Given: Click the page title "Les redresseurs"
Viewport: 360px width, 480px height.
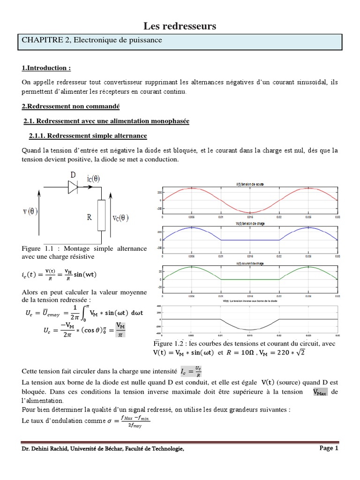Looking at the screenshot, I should (180, 26).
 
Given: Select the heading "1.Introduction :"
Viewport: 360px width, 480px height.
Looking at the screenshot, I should (46, 68).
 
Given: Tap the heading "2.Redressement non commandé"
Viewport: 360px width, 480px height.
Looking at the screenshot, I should (71, 107).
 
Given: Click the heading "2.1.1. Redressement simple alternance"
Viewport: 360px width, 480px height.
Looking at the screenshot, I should (88, 136).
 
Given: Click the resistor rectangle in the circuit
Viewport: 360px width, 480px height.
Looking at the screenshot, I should (101, 216).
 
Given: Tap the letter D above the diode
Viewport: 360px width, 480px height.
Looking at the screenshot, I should (73, 175).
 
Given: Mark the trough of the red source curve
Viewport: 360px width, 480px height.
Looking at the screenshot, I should (250, 212).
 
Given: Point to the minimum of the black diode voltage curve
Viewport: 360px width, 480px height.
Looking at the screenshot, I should (250, 330).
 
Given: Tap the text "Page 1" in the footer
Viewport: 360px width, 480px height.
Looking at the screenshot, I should (329, 448).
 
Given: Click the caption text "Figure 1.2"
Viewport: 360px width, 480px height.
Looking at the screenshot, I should (167, 344).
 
